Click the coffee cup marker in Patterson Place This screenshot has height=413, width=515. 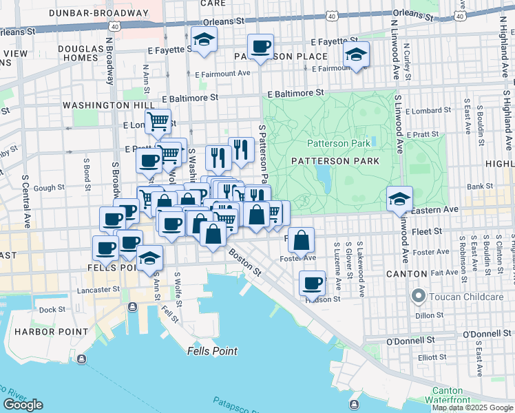point(260,47)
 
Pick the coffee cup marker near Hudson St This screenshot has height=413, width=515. point(312,283)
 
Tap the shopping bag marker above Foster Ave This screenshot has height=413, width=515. point(302,240)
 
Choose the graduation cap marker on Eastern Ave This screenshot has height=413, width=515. point(399,199)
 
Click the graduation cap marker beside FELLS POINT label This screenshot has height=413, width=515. point(149,258)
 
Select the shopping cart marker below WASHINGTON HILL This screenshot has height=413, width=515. point(158,123)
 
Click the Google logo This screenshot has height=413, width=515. point(23,405)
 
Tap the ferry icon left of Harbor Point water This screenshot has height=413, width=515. point(81,359)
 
